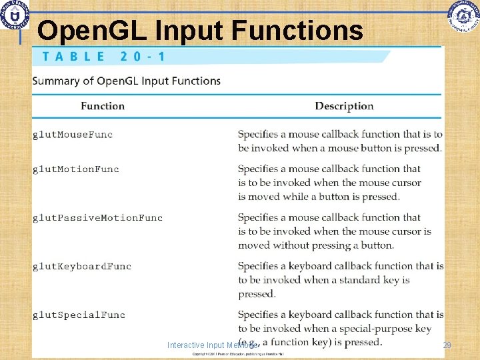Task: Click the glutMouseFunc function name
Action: click(73, 135)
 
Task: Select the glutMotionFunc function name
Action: click(76, 169)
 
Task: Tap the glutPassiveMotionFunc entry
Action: click(97, 218)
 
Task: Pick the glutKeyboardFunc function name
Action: click(82, 267)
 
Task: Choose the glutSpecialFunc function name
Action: click(79, 315)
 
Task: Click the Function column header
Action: click(103, 106)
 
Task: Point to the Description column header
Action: click(344, 106)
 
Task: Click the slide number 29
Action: click(447, 345)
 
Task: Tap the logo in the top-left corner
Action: click(14, 15)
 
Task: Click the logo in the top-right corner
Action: click(463, 15)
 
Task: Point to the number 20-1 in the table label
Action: click(143, 56)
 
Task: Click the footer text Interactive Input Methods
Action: click(212, 345)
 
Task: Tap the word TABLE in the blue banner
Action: click(73, 56)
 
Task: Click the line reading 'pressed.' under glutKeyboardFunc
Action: click(257, 294)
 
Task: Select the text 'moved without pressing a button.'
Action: click(316, 245)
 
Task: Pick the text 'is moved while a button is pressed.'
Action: click(319, 197)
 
